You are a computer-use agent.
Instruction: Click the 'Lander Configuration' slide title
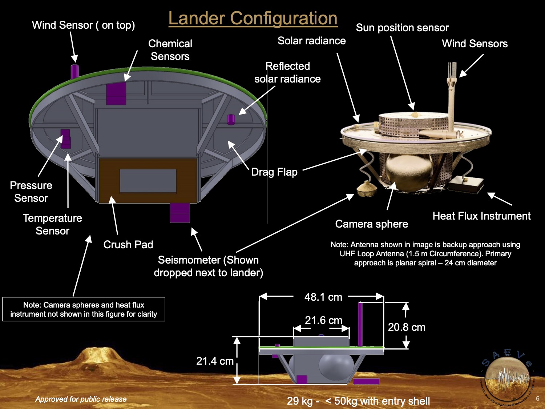tap(253, 18)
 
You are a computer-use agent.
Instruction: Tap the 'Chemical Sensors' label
tap(170, 50)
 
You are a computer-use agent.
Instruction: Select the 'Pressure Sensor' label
tap(31, 192)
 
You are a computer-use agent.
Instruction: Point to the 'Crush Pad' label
tap(128, 245)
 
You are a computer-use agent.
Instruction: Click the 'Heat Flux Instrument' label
tap(481, 216)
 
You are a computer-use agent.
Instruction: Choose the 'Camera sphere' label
tap(371, 224)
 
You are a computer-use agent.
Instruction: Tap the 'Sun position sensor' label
tap(402, 28)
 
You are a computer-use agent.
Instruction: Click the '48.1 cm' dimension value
tap(323, 297)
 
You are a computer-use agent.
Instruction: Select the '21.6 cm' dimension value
tap(323, 320)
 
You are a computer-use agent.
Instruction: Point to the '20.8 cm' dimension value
tap(407, 327)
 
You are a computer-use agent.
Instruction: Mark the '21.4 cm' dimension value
tap(215, 361)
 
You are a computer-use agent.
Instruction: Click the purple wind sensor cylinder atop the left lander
tap(74, 71)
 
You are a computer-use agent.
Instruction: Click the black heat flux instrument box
tap(465, 184)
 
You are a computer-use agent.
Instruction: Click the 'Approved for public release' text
tap(81, 399)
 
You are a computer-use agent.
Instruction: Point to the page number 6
tap(538, 398)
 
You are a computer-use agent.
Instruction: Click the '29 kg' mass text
tap(299, 401)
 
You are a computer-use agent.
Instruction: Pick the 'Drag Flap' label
tap(274, 172)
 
